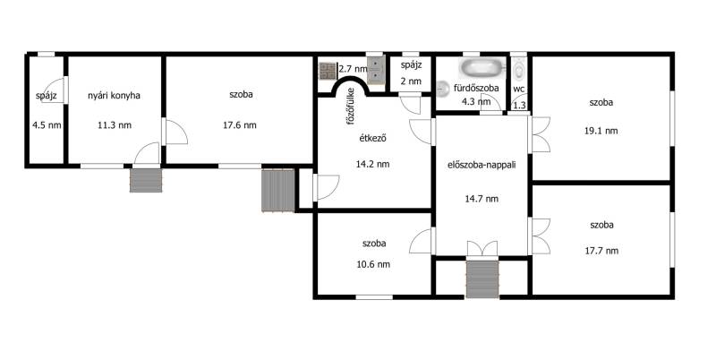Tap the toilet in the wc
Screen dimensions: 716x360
[519, 70]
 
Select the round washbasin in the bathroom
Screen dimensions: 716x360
[442, 89]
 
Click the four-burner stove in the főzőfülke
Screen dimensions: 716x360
[328, 71]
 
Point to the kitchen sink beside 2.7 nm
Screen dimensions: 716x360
[376, 70]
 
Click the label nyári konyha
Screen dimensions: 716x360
[114, 96]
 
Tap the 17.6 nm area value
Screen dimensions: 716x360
[240, 125]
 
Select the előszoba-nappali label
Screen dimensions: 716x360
[482, 165]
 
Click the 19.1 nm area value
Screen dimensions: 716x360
[601, 131]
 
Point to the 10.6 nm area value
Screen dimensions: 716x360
[373, 264]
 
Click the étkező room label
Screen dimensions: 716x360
[372, 138]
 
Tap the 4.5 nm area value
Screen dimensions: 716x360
[47, 125]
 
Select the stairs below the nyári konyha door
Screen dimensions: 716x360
[146, 181]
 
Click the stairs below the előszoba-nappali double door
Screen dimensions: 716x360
[482, 279]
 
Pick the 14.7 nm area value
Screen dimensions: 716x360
[482, 199]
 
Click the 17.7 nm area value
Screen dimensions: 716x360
[601, 251]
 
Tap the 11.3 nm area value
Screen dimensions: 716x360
[115, 125]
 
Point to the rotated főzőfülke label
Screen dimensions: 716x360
[351, 107]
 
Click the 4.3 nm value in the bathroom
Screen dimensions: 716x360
[476, 101]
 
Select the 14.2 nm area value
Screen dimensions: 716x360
[372, 165]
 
